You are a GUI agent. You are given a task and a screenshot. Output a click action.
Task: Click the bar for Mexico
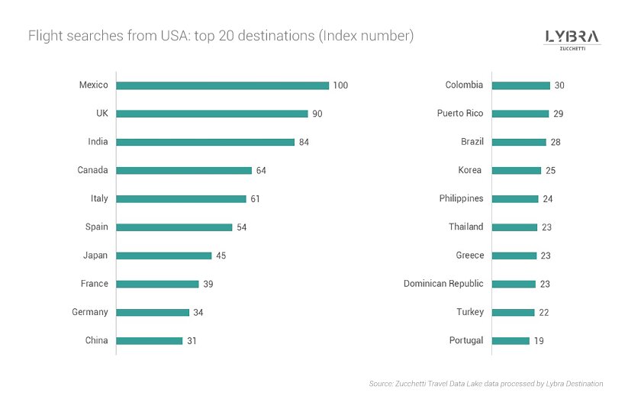(x=222, y=85)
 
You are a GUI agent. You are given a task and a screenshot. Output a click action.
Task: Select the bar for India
(x=205, y=142)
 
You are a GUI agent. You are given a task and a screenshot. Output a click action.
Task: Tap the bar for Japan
(x=163, y=256)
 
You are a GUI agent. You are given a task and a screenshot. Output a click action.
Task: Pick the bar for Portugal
(x=510, y=340)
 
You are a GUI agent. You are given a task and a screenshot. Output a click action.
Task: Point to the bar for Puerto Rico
(x=520, y=114)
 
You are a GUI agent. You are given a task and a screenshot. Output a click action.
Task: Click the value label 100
(x=340, y=85)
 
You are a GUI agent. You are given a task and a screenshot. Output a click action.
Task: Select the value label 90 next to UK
(x=317, y=114)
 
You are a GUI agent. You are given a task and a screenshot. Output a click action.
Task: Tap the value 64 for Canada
(x=261, y=170)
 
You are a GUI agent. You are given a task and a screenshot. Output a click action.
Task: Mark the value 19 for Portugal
(x=539, y=340)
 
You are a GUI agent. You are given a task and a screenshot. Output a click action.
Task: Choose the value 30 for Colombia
(x=559, y=85)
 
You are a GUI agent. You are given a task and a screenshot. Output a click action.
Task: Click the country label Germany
(x=90, y=312)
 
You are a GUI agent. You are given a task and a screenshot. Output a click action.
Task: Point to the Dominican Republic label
(x=443, y=284)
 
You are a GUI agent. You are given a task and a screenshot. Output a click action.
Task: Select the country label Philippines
(x=461, y=198)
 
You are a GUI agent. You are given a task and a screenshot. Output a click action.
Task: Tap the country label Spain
(x=96, y=227)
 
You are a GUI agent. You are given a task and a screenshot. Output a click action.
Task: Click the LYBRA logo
(x=572, y=39)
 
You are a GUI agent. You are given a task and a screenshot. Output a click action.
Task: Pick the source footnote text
(x=486, y=384)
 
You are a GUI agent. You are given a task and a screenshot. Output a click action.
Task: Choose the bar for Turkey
(x=513, y=312)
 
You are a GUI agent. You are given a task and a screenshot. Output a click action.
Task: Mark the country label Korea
(x=469, y=170)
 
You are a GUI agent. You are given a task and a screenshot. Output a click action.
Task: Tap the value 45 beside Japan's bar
(x=221, y=256)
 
